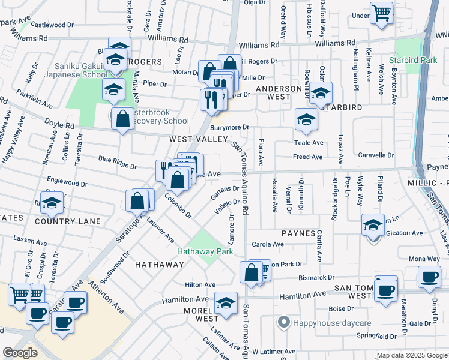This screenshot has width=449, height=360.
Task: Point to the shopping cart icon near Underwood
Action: click(x=382, y=13)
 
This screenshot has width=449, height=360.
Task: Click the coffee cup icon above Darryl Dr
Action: click(x=430, y=277)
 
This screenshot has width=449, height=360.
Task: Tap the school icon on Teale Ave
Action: click(x=306, y=120)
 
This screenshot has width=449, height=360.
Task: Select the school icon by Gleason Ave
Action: click(x=373, y=225)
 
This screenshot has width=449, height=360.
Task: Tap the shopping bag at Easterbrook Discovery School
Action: click(x=122, y=119)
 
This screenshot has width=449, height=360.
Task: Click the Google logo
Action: click(x=20, y=353)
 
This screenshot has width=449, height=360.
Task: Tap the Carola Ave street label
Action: click(x=268, y=244)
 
